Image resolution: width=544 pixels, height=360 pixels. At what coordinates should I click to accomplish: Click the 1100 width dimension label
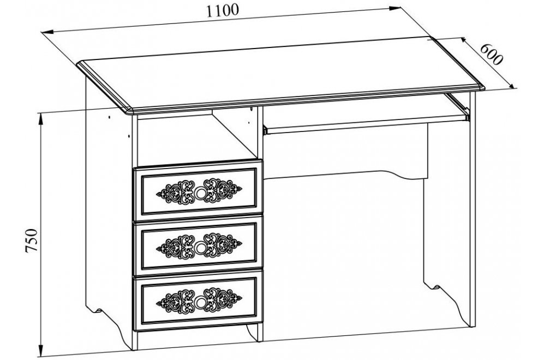(223, 11)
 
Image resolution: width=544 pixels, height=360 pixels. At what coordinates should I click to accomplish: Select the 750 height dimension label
(31, 241)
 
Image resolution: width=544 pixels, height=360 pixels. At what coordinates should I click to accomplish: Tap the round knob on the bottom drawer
(200, 302)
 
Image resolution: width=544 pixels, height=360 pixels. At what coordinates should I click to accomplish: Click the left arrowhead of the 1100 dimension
(46, 32)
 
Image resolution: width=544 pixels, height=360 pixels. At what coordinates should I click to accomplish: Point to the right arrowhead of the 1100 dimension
(395, 8)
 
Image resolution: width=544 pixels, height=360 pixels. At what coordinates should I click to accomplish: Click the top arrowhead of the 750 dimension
(41, 118)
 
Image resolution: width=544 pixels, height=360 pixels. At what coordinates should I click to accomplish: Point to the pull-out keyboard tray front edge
(366, 125)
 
